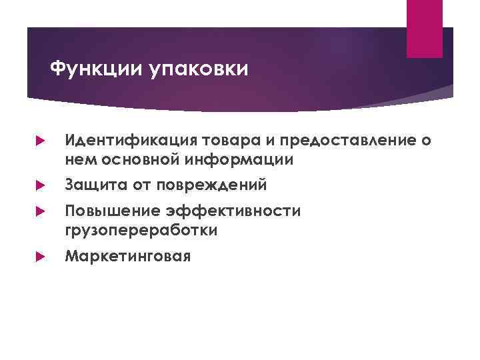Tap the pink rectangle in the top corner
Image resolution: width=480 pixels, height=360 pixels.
[425, 29]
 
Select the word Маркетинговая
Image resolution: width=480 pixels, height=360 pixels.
[127, 256]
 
